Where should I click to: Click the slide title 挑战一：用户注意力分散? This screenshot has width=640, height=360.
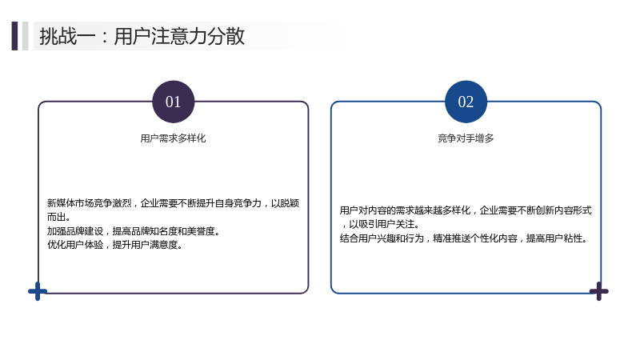coord(142,36)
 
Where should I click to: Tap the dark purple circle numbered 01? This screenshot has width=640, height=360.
coord(173,102)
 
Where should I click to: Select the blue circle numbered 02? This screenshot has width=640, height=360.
coord(466,102)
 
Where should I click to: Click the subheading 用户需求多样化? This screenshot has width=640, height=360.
coord(173,138)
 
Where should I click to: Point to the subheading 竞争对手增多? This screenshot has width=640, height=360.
coord(466,138)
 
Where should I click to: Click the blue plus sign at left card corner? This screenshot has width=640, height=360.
coord(38,291)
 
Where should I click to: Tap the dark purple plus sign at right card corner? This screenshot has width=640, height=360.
coord(598,291)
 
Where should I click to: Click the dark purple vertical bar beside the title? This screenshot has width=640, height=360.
coord(14,36)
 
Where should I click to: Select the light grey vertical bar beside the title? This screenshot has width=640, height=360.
coord(26,36)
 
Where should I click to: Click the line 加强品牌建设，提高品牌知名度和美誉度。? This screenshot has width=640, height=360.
coord(134,231)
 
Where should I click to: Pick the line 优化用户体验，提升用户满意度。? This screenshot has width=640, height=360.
coord(115,245)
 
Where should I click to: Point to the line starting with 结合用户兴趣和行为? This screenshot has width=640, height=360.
coord(463,238)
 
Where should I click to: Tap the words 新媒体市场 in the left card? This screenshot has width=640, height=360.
coord(70,203)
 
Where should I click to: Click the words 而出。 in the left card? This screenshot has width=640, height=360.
coord(58,217)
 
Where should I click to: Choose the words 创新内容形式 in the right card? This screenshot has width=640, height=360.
coord(564,210)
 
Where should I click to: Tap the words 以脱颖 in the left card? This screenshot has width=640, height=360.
coord(286,203)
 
